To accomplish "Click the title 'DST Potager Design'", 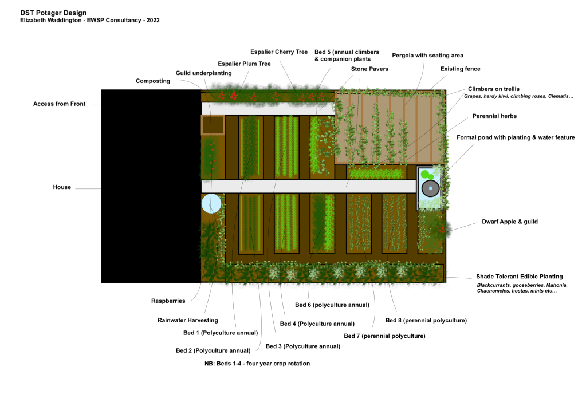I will coord(53,13).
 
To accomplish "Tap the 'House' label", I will coord(62,187).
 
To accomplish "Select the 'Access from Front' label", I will coord(59,104).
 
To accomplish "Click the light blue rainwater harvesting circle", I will coord(211,203).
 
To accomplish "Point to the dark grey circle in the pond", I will coord(430,188).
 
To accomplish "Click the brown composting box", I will coord(213,125).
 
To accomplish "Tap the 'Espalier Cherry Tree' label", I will coord(279,52).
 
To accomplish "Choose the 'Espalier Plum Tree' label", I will coord(244,64).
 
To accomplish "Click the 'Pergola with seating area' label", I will coord(427,56).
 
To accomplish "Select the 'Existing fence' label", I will coord(460,69).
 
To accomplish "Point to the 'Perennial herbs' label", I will coord(494,116).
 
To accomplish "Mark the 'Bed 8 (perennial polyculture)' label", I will coord(426,320).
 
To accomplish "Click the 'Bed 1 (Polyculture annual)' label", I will coord(217,332).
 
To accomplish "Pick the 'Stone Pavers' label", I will coord(369,69).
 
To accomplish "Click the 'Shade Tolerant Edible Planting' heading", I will coord(520,277).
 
